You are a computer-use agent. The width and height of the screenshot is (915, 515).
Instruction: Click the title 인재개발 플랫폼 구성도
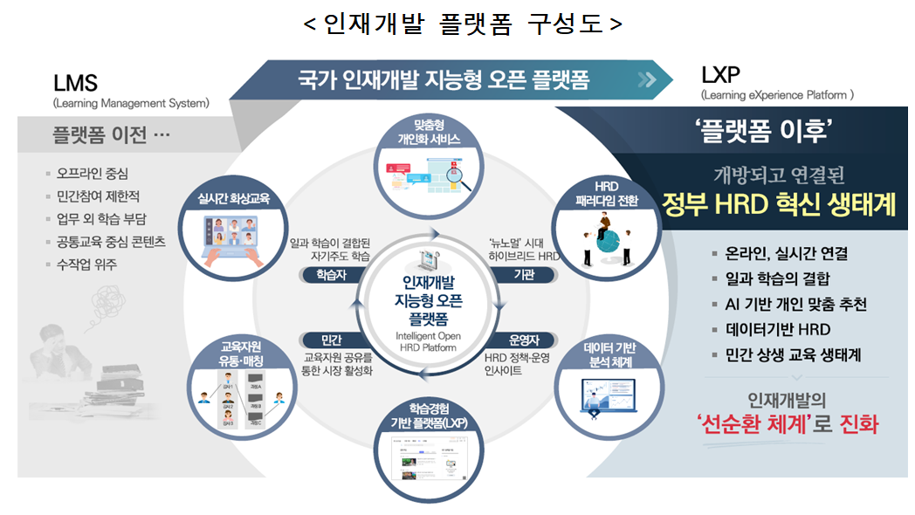pos(463,24)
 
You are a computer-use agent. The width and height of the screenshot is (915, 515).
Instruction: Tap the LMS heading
pos(75,84)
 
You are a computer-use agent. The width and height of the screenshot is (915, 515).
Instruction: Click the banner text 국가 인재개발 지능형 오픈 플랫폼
pos(443,80)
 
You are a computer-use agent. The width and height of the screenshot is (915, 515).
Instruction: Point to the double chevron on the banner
pos(647,80)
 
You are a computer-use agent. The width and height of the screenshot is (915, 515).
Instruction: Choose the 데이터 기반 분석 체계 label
pos(609,355)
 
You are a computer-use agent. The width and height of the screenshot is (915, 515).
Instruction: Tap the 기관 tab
pos(523,275)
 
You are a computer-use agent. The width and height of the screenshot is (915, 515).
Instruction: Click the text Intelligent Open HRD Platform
pos(427,341)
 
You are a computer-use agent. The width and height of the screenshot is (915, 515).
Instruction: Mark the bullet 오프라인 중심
pos(97,174)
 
